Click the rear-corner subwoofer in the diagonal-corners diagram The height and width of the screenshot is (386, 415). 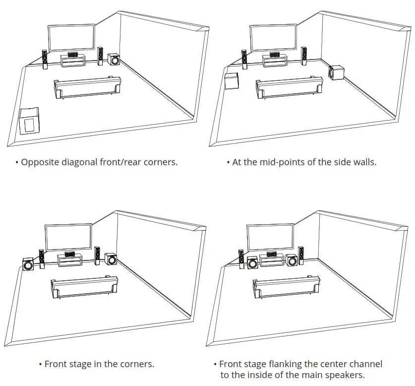click(x=29, y=121)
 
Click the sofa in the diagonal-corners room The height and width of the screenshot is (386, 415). click(x=87, y=88)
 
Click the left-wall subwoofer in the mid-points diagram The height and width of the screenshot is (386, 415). click(x=232, y=81)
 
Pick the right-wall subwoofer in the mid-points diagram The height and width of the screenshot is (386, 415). click(x=337, y=73)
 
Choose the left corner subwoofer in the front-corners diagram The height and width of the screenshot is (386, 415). click(x=28, y=264)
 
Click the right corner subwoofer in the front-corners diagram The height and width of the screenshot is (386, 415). click(x=111, y=259)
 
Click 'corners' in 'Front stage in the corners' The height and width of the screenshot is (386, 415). click(x=137, y=364)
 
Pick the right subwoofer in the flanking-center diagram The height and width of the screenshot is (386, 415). click(x=291, y=260)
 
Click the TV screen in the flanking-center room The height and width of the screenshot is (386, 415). click(x=269, y=237)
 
